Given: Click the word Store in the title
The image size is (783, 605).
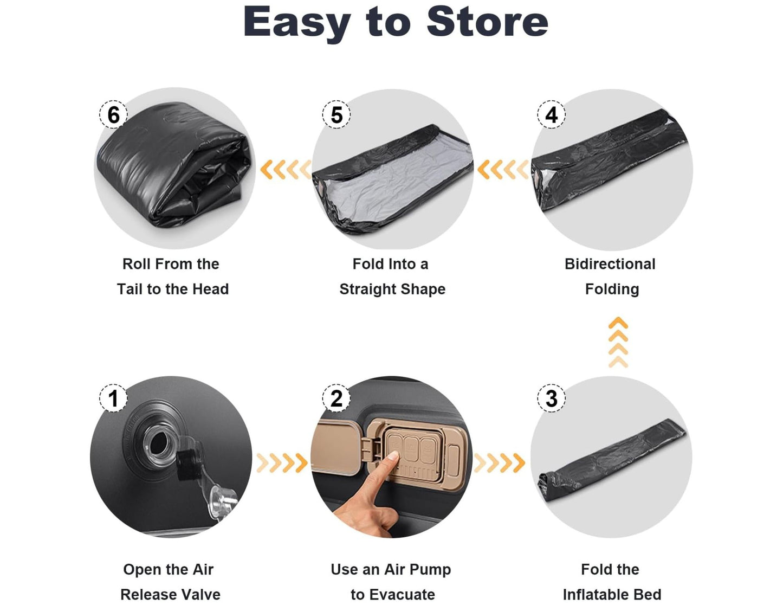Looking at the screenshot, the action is tap(487, 22).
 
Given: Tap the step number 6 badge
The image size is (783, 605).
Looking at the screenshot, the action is tap(113, 115).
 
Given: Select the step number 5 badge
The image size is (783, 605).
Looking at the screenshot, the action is tap(336, 115).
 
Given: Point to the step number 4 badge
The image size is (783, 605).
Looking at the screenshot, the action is tap(551, 115).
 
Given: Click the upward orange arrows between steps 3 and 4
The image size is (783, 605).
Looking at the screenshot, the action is tap(618, 342).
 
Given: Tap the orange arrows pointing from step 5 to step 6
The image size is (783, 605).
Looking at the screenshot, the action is tap(286, 169).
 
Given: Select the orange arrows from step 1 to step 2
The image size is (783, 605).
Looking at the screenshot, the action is tap(282, 462).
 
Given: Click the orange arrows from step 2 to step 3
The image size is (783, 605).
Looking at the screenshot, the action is tap(499, 462).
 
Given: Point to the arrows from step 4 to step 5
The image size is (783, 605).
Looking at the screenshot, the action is tap(503, 169).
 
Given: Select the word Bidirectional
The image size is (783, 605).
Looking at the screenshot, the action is tap(610, 264).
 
